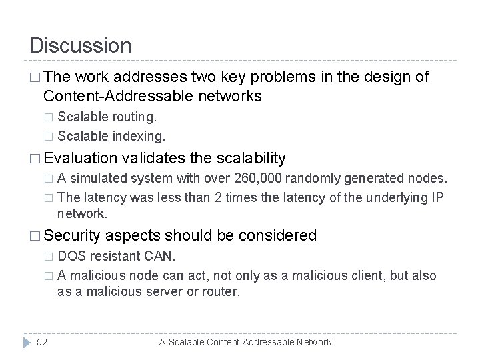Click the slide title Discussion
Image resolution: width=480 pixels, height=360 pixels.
(81, 45)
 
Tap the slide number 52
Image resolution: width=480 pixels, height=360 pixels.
(41, 342)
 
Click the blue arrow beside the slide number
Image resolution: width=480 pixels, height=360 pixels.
(26, 342)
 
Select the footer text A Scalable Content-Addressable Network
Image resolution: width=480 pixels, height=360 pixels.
(245, 342)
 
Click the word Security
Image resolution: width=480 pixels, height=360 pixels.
(73, 235)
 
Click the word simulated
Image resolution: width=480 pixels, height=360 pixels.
(99, 178)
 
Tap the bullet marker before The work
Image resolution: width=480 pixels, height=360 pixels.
(35, 78)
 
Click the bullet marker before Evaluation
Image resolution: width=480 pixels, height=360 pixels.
(35, 159)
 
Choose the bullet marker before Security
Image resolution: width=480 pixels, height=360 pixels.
(35, 236)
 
